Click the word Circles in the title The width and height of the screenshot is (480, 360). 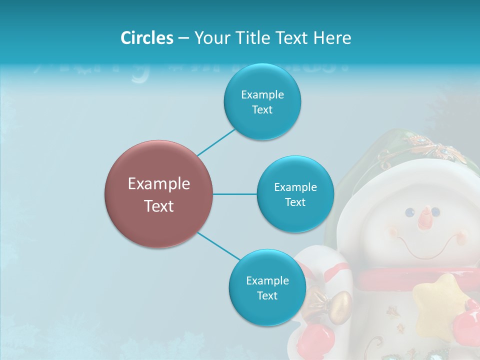pyautogui.click(x=146, y=38)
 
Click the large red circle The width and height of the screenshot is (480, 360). pyautogui.click(x=158, y=194)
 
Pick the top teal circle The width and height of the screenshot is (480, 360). pyautogui.click(x=262, y=102)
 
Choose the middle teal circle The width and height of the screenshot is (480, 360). pyautogui.click(x=295, y=194)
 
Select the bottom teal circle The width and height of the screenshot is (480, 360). pyautogui.click(x=267, y=288)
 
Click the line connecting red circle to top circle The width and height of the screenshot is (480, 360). pyautogui.click(x=216, y=142)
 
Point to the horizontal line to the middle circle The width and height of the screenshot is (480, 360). pyautogui.click(x=234, y=194)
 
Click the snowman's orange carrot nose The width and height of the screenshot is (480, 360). pyautogui.click(x=425, y=217)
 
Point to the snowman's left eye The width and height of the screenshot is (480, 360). pyautogui.click(x=409, y=212)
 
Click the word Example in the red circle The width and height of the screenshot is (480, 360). pyautogui.click(x=158, y=184)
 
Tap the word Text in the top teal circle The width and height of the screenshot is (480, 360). pyautogui.click(x=262, y=110)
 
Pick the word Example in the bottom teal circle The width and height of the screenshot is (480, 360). pyautogui.click(x=267, y=280)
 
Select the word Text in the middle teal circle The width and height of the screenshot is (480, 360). pyautogui.click(x=295, y=202)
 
